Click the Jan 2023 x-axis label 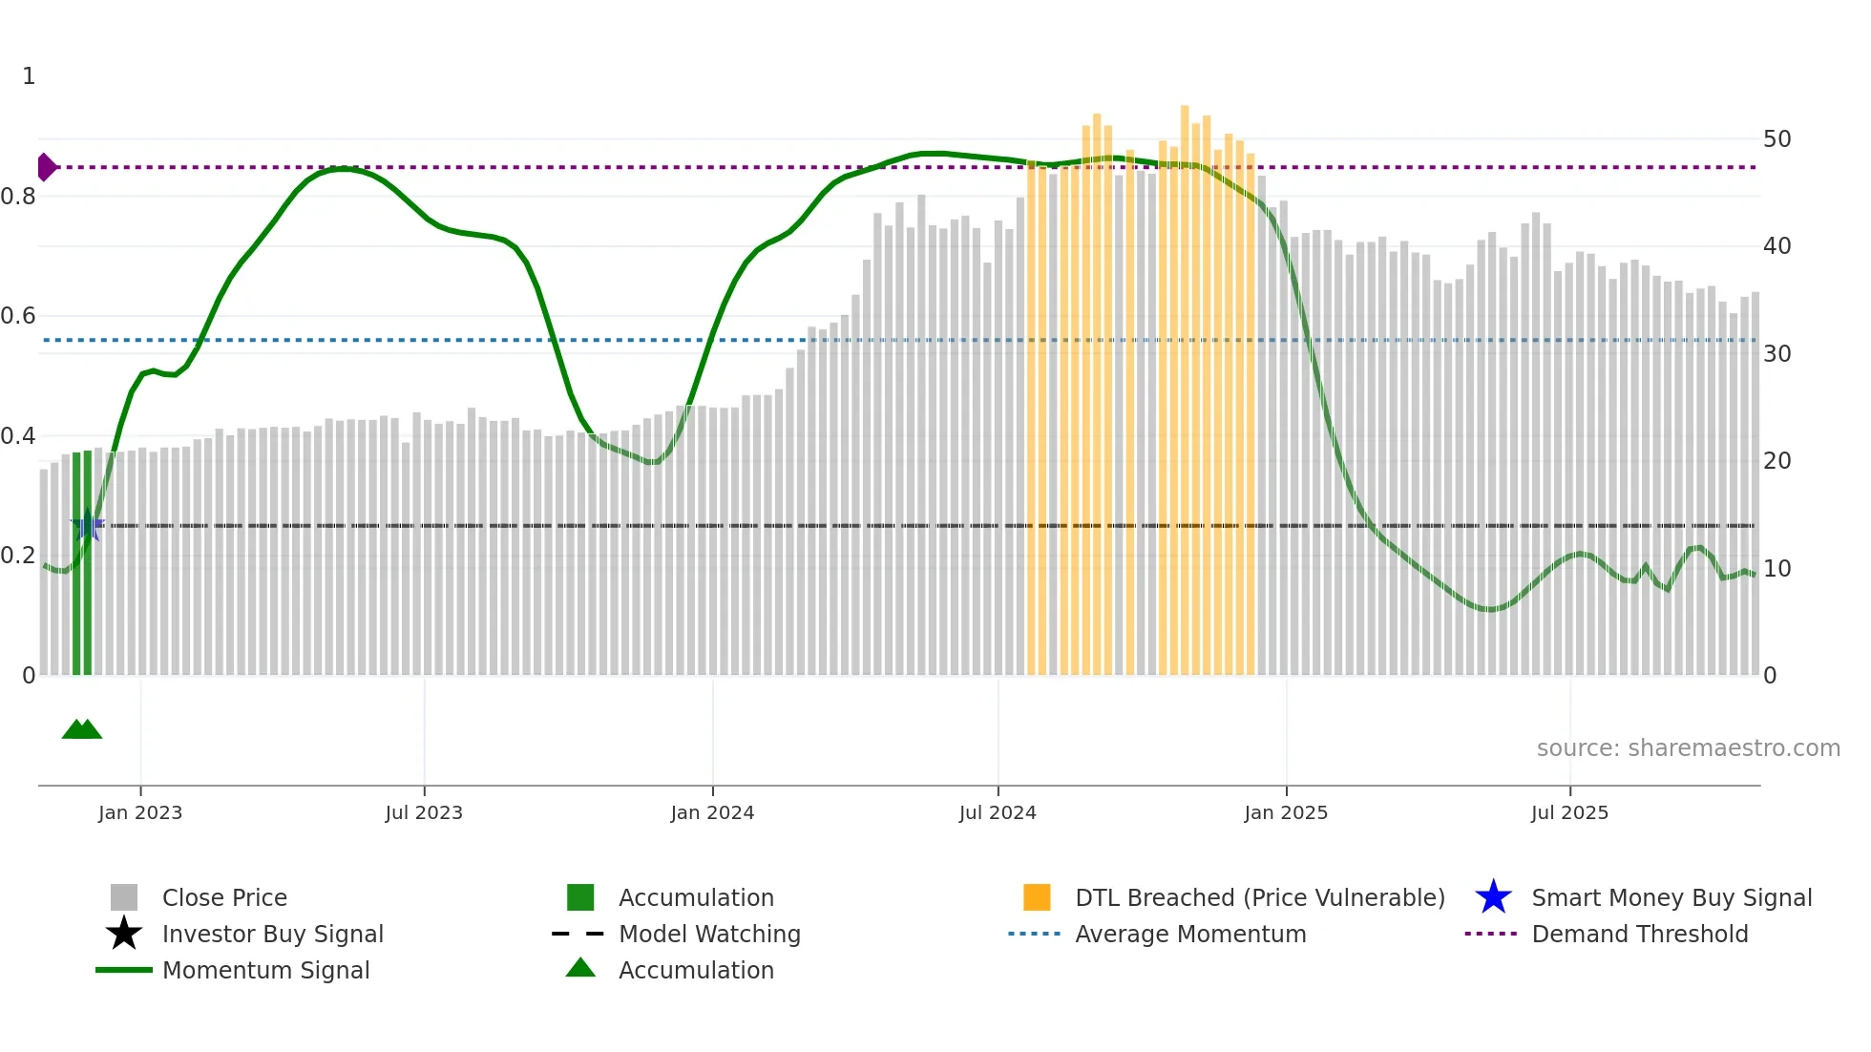(140, 812)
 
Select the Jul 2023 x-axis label (424, 812)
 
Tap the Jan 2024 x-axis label (712, 812)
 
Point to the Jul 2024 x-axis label (998, 812)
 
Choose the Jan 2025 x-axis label (1286, 812)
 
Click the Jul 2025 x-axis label (1569, 812)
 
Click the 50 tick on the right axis (1776, 139)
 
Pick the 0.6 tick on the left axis (18, 316)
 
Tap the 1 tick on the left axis (29, 76)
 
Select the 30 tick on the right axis (1776, 354)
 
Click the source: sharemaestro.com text (1688, 748)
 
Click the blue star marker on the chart (88, 525)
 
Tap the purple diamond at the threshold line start (46, 167)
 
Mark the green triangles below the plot (82, 729)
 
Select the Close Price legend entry (224, 897)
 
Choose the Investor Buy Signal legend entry (272, 934)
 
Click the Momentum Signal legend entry (265, 970)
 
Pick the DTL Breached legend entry (1259, 897)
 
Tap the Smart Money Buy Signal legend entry (1671, 897)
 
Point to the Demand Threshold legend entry (1639, 934)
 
